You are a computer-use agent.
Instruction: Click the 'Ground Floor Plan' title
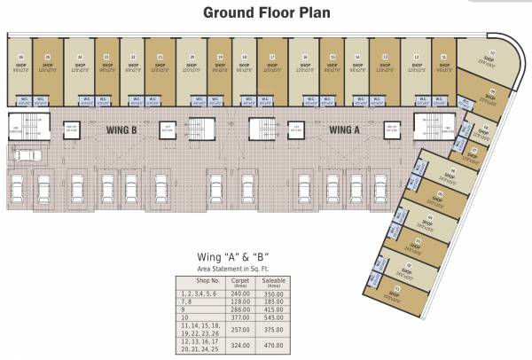pos(265,12)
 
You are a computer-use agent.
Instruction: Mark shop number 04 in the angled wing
pos(427,220)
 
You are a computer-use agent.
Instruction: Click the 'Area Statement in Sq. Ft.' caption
pos(233,267)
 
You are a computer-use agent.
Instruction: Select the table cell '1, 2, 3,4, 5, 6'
pos(201,293)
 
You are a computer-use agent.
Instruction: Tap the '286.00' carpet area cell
pos(238,306)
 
